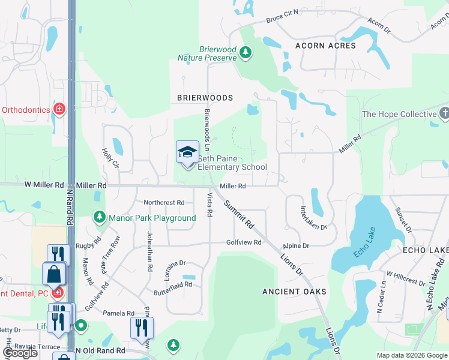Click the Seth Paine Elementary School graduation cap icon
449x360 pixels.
[187, 152]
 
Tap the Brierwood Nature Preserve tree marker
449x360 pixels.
[245, 53]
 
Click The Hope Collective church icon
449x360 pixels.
[444, 113]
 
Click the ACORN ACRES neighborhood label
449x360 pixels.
[325, 46]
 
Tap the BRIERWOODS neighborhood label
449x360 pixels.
[205, 97]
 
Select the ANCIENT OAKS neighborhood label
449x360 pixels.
[294, 292]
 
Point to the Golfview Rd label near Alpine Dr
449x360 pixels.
[244, 242]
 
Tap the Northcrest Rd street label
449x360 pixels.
[164, 203]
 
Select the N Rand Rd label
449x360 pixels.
[70, 208]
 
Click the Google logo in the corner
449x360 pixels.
[20, 353]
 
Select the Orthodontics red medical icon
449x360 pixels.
[59, 110]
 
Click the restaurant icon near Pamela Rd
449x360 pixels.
[142, 328]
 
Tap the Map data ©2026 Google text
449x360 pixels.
[412, 355]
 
